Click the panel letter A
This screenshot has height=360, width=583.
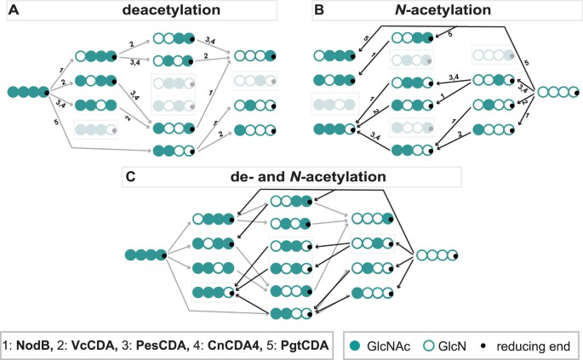[13, 11]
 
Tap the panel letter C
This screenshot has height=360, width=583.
[129, 177]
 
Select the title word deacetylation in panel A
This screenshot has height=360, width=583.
[155, 11]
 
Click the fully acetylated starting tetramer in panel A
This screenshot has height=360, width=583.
[27, 90]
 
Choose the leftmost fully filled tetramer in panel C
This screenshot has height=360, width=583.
[145, 254]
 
